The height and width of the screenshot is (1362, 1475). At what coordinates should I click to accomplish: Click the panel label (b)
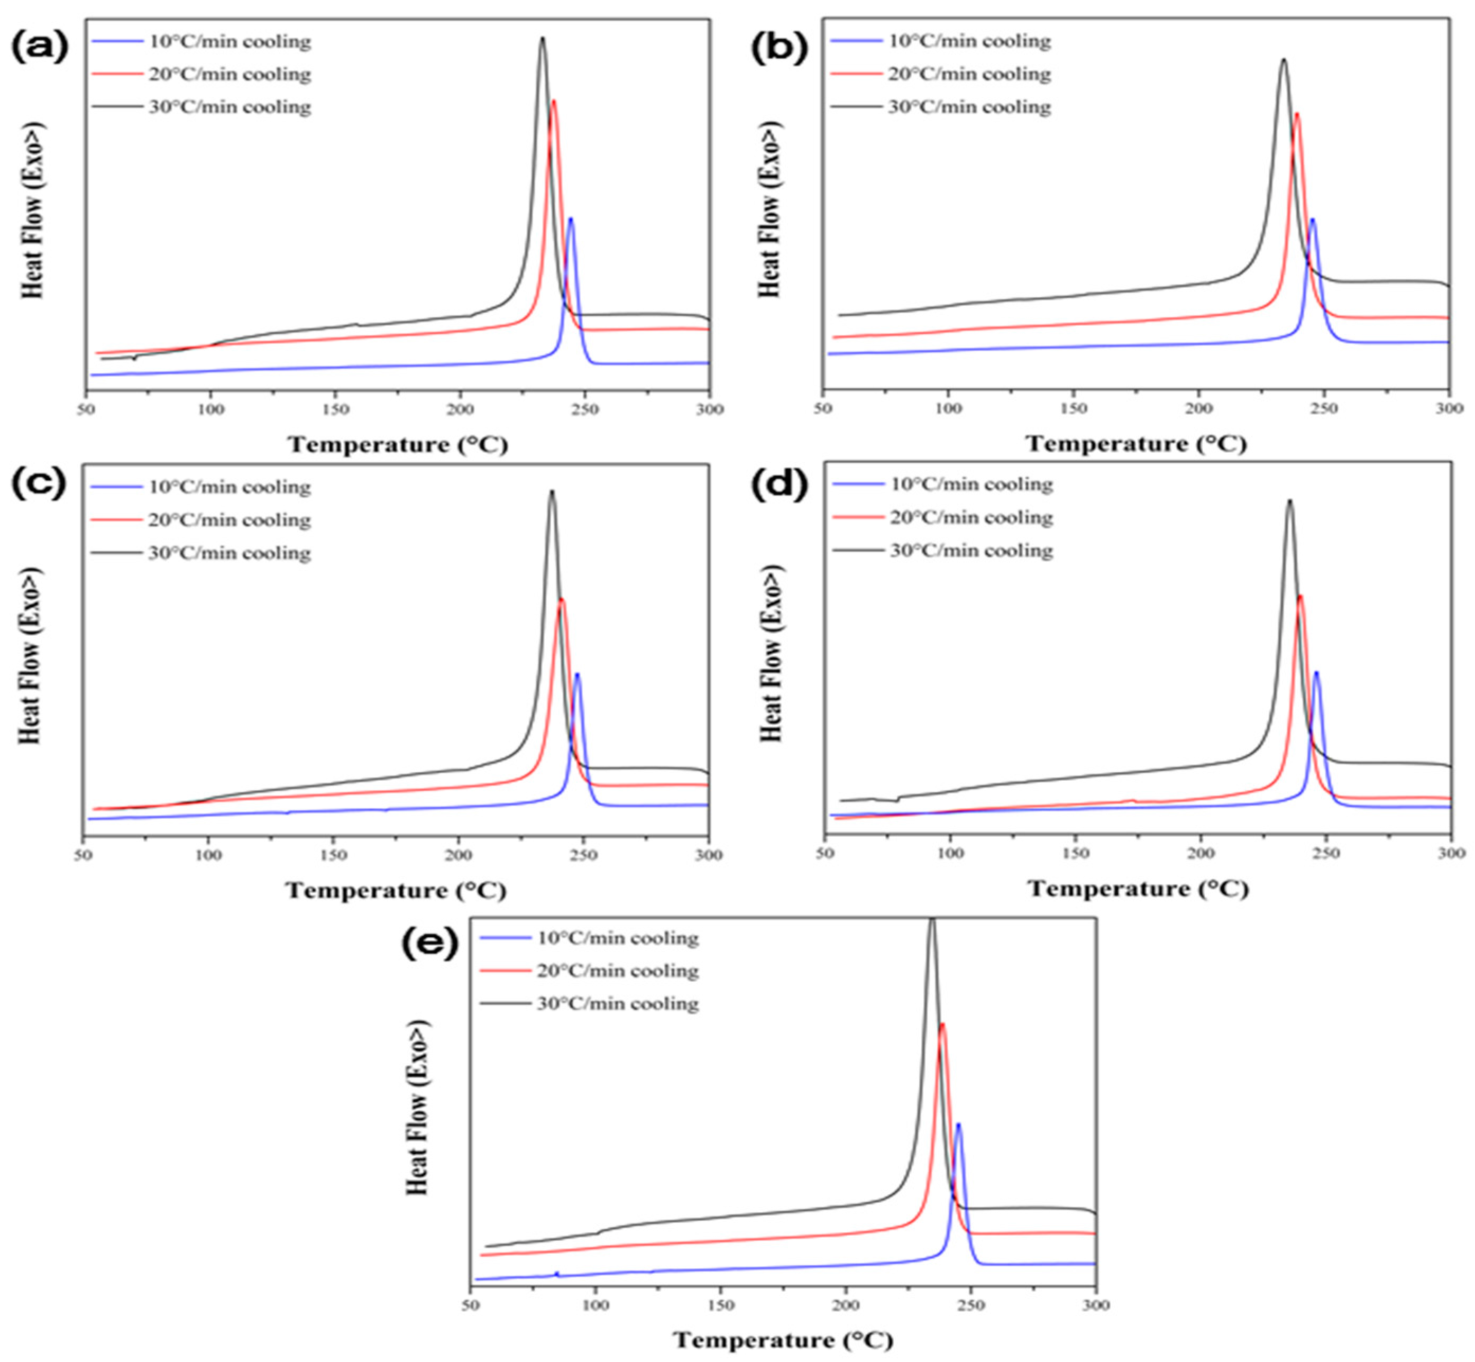[x=779, y=48]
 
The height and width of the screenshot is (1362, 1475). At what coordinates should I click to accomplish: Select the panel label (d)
[x=779, y=485]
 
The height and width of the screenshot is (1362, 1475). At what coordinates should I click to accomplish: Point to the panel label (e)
[x=429, y=944]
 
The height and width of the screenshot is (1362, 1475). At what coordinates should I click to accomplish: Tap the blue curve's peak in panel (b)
[x=1312, y=219]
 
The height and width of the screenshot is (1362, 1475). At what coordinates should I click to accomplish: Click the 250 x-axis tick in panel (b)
[x=1324, y=408]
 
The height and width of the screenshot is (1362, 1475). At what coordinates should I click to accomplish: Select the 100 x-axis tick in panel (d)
[x=950, y=854]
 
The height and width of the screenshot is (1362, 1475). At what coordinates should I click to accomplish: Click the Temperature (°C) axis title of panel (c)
[x=396, y=890]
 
